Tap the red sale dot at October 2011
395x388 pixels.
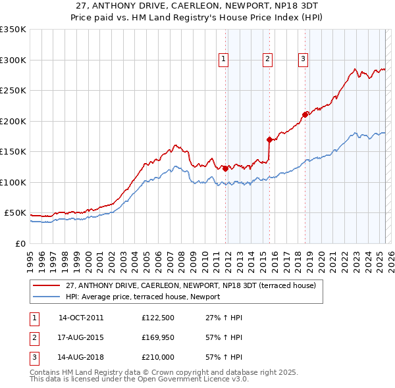tap(225, 168)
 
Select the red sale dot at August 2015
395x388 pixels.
tap(270, 139)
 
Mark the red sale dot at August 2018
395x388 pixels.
tap(305, 114)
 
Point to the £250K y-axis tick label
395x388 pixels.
tap(13, 91)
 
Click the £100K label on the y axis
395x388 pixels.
tap(13, 182)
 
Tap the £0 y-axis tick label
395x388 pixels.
tap(21, 243)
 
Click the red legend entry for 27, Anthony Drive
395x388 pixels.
tap(191, 285)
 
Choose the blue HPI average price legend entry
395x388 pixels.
tap(143, 297)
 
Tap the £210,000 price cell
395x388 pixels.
tap(157, 357)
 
